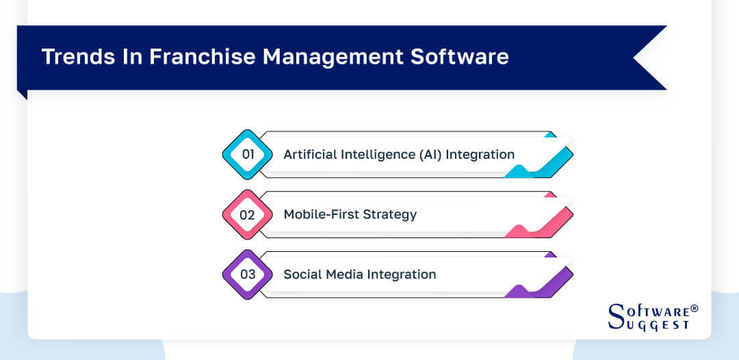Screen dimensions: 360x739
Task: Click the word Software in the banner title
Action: point(459,57)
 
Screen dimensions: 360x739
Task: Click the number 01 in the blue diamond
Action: point(248,155)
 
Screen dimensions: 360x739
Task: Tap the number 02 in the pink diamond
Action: point(248,215)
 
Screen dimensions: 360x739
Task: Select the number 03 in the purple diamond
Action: point(248,274)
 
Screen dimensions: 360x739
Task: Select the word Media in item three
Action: point(343,274)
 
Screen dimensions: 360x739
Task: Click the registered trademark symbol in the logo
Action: point(695,309)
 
